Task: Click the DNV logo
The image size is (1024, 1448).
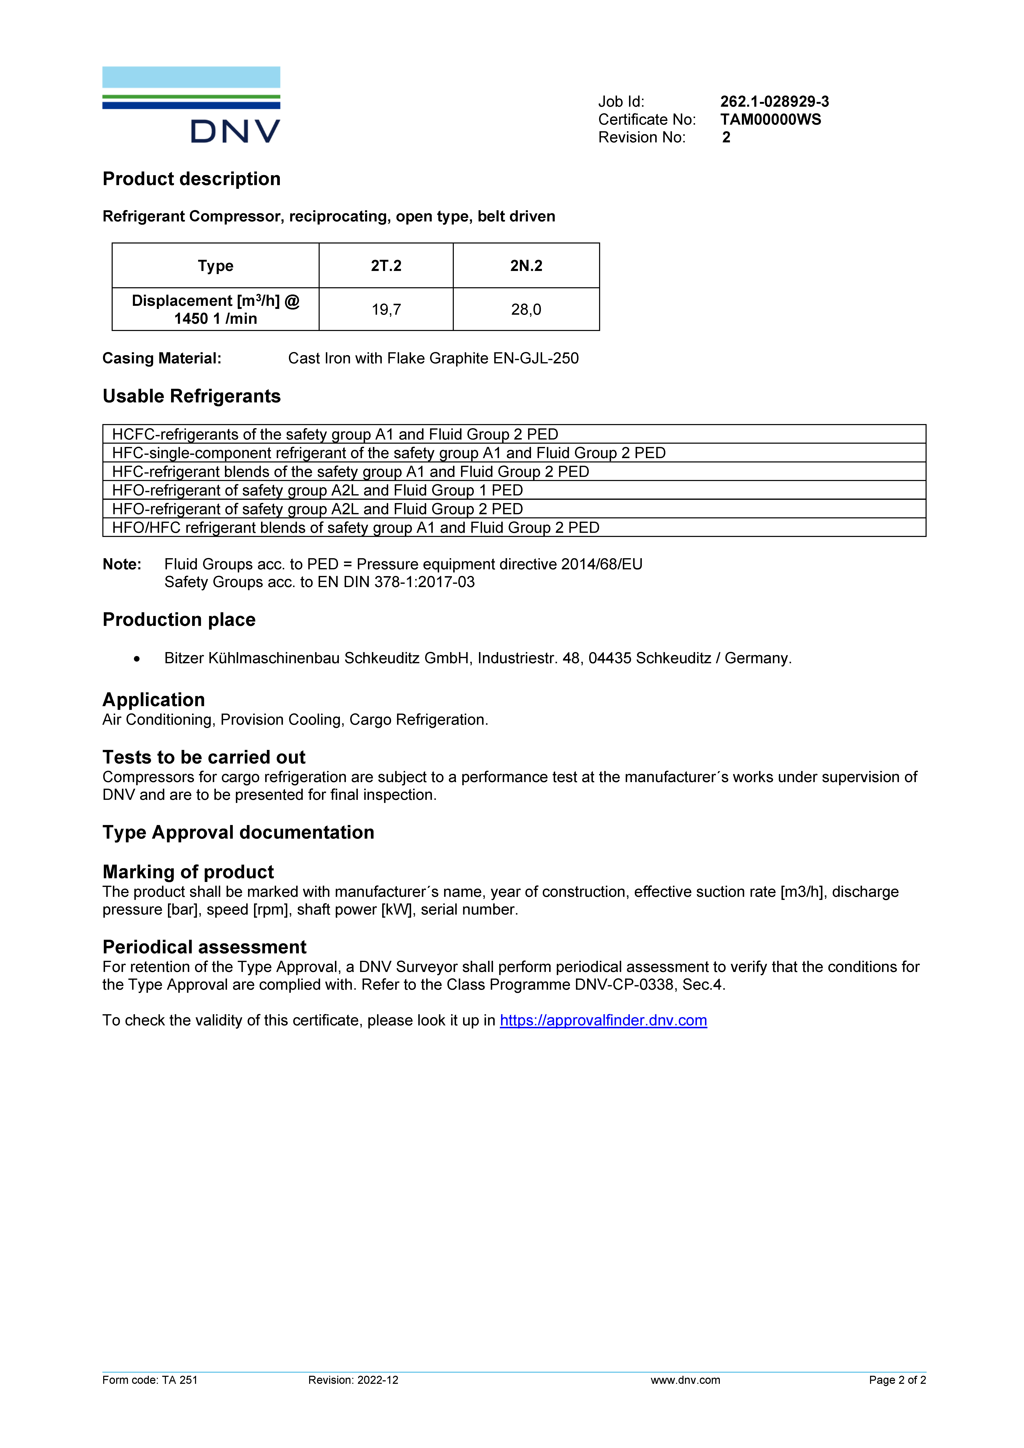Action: tap(191, 105)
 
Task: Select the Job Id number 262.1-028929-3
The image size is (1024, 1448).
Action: tap(774, 102)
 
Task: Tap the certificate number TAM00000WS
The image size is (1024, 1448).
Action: tap(771, 119)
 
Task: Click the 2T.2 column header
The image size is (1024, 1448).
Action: tap(386, 266)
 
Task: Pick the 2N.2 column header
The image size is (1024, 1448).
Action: tap(526, 266)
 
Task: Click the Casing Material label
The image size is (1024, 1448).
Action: tap(161, 358)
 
